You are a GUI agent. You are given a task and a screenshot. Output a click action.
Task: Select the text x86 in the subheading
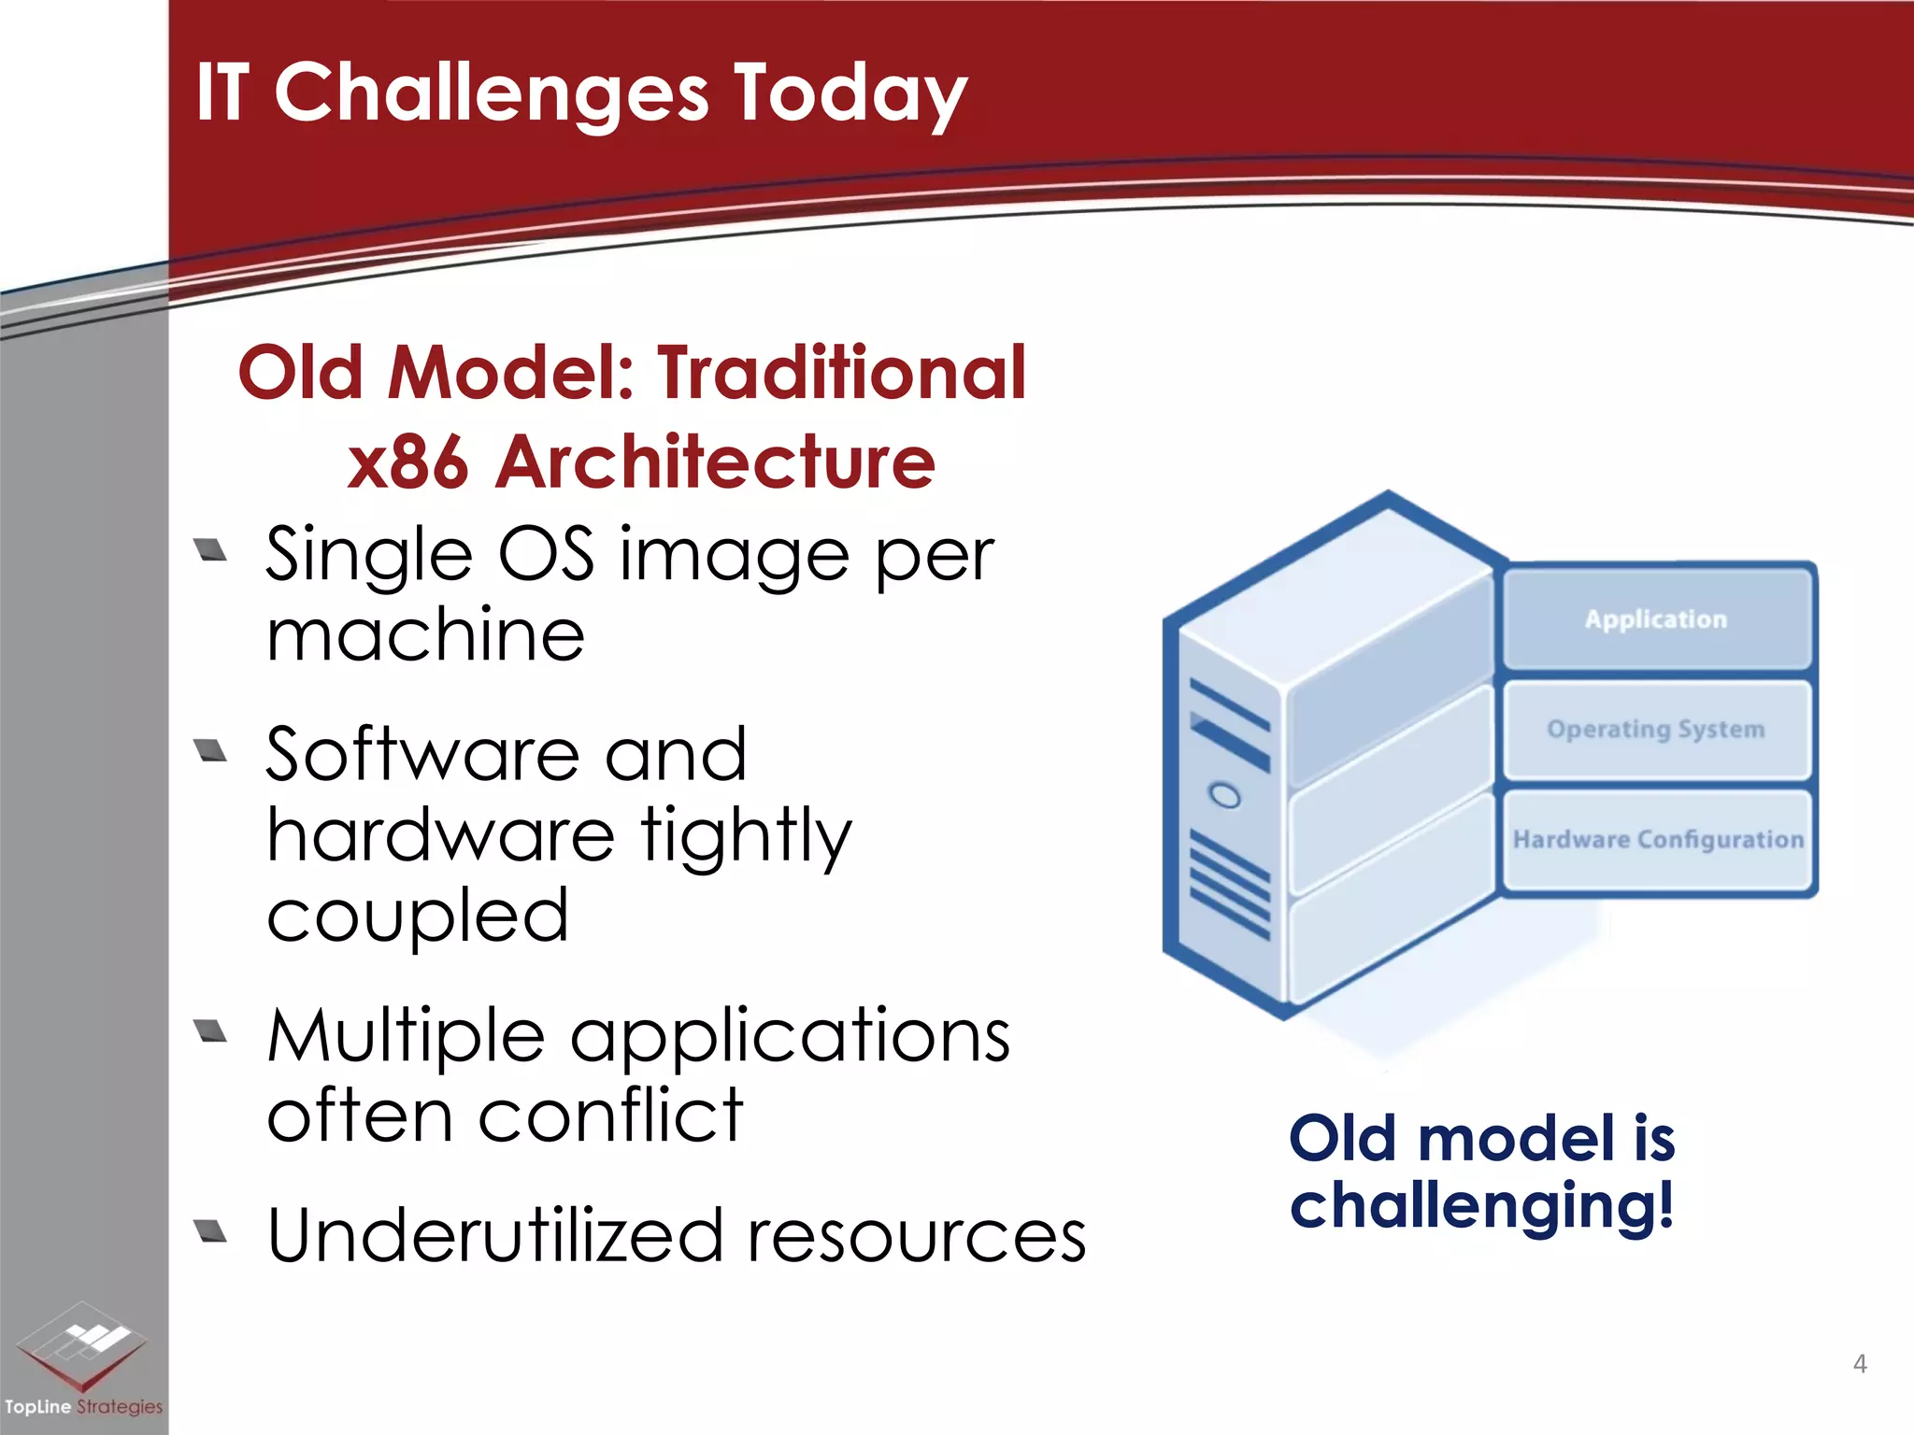[x=407, y=462]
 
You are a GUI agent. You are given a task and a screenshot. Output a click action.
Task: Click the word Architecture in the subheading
[x=715, y=462]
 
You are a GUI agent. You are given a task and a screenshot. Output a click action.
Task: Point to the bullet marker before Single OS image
[x=211, y=551]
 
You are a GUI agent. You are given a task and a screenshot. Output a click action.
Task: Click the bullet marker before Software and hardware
[x=211, y=751]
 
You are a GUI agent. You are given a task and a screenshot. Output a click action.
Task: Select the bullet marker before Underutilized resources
[x=211, y=1231]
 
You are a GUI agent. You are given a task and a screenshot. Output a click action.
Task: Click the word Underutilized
[x=495, y=1235]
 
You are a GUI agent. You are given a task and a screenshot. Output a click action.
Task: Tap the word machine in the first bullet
[x=425, y=635]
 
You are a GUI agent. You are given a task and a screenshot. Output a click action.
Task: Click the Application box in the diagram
[x=1656, y=619]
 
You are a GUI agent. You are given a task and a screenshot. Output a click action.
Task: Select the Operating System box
[x=1656, y=730]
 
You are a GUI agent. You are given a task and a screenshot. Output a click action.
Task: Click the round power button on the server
[x=1224, y=796]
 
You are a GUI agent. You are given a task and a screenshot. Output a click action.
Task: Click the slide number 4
[x=1860, y=1364]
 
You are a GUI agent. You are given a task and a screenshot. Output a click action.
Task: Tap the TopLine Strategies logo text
[x=83, y=1407]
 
